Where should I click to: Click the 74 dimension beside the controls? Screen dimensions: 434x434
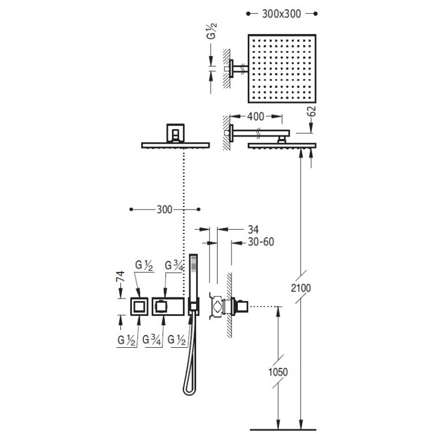click(121, 275)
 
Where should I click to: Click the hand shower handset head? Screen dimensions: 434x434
click(194, 272)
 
